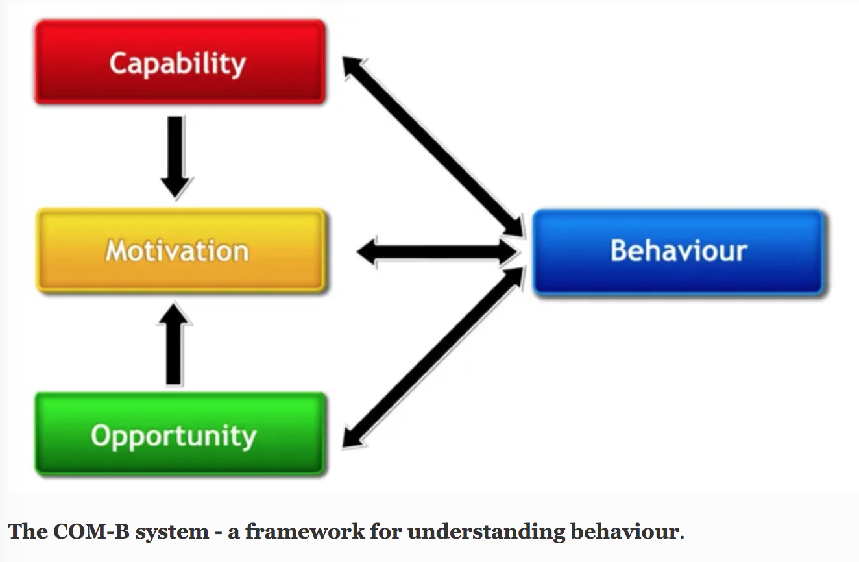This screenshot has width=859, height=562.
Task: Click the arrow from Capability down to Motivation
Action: [x=176, y=156]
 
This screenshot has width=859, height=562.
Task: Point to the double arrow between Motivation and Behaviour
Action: [x=438, y=252]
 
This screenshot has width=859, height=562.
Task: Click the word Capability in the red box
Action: [x=177, y=64]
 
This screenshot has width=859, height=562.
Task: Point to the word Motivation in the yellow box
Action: [x=177, y=250]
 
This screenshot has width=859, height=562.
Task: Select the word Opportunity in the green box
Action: [x=174, y=435]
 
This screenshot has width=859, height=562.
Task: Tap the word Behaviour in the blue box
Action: [x=679, y=250]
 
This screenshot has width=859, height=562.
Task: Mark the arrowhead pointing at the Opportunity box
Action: [x=352, y=438]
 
